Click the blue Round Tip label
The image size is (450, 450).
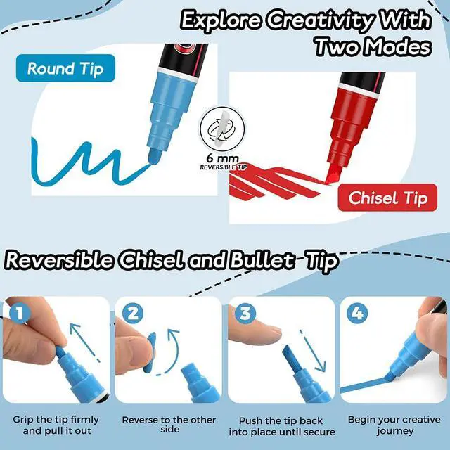(65, 68)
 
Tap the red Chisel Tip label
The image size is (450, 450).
(387, 198)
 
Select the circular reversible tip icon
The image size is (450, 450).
(222, 129)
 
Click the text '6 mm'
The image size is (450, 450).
(222, 159)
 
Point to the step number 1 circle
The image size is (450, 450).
(20, 314)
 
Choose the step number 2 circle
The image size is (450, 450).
(133, 314)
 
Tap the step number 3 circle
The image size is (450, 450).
(245, 314)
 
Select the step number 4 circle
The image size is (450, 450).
(358, 314)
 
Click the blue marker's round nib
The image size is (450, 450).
(154, 156)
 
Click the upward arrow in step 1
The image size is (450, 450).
(84, 342)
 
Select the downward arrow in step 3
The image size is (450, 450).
(313, 351)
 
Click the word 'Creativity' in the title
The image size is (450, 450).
(321, 20)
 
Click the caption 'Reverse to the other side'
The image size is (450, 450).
(169, 425)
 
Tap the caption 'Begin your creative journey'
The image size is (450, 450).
(394, 425)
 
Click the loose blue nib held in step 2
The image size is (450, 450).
(150, 352)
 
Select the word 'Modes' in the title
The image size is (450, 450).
(399, 47)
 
